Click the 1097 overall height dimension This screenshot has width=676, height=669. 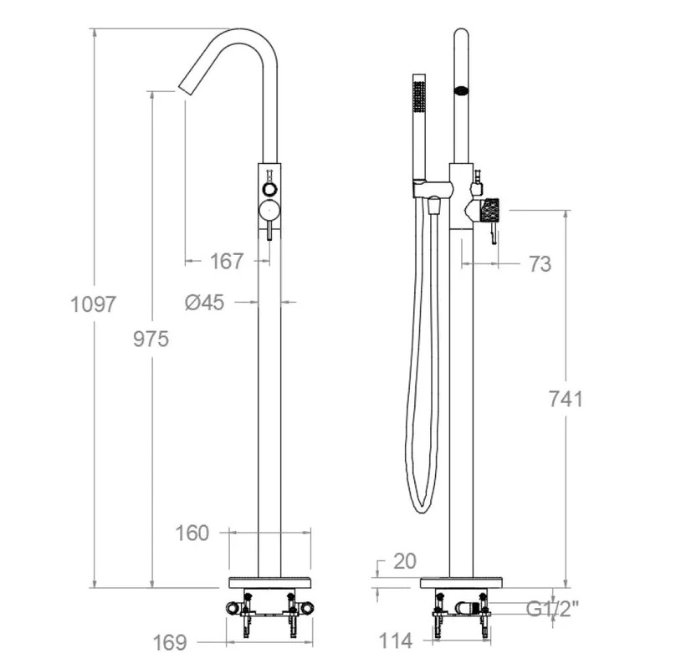click(x=93, y=304)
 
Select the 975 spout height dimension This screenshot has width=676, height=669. click(x=151, y=340)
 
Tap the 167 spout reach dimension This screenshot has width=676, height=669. click(x=227, y=261)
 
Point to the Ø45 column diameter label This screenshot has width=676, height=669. click(x=204, y=302)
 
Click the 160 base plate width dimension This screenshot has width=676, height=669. click(x=192, y=534)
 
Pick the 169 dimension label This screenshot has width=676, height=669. click(x=170, y=643)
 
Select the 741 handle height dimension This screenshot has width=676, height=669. click(x=566, y=399)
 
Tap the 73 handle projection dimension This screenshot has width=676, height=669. click(x=540, y=263)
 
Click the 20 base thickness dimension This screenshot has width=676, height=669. click(x=405, y=561)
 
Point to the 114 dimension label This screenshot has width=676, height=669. click(x=396, y=641)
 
